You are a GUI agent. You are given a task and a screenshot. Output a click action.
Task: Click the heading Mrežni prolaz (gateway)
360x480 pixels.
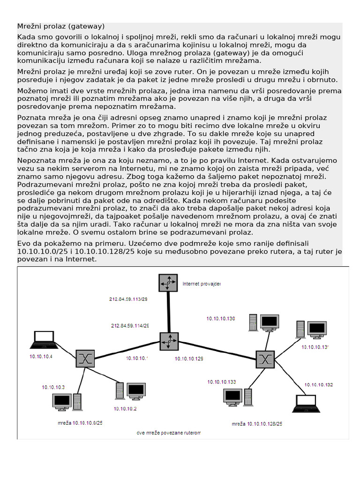[61, 26]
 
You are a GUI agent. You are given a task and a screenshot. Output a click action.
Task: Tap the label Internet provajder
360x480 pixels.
[201, 284]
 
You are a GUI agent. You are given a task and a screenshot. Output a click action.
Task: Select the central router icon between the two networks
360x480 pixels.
[169, 342]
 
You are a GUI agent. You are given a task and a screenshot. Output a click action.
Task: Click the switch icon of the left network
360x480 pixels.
[85, 359]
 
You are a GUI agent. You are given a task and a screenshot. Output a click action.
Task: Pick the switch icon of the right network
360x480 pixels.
[265, 359]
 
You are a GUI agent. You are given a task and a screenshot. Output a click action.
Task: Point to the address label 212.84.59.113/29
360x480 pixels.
[128, 299]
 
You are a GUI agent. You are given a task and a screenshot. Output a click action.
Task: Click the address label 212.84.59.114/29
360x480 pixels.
[130, 325]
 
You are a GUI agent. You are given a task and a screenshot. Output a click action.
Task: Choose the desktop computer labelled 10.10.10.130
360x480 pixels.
[264, 322]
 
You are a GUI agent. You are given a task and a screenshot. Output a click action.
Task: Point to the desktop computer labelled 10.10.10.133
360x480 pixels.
[238, 397]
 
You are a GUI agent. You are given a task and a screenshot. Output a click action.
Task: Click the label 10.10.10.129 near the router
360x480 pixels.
[189, 359]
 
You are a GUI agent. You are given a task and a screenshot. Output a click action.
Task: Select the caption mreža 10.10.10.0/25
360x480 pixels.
[80, 423]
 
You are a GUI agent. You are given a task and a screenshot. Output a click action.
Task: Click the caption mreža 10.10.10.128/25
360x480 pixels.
[257, 424]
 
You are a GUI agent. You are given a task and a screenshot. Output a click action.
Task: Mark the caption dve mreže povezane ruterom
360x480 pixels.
[168, 433]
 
